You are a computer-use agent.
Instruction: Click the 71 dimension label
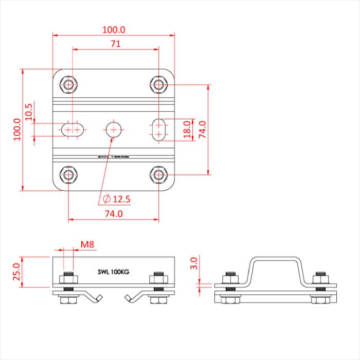point(115,44)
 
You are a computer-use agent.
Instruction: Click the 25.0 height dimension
point(16,272)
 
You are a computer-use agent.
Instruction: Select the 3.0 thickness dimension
point(193,264)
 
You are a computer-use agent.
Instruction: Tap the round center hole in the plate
point(114,129)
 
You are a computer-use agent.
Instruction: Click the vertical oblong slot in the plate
point(159,129)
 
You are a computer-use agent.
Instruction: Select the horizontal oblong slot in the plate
point(73,129)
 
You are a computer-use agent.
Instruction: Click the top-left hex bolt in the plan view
point(68,83)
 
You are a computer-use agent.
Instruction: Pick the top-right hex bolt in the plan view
point(159,83)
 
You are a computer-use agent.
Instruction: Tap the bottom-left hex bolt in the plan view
point(68,175)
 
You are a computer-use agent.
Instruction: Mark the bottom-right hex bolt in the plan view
point(159,175)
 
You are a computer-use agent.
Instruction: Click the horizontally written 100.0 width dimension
point(114,30)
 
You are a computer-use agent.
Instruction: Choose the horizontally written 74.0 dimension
point(113,214)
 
